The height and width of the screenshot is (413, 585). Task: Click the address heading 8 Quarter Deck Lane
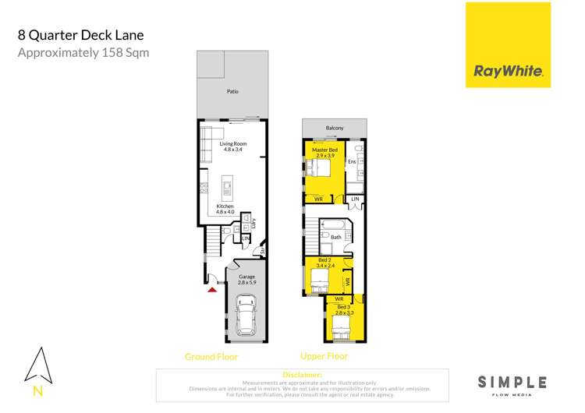(x=80, y=35)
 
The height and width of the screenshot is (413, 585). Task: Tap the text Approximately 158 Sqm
(x=83, y=53)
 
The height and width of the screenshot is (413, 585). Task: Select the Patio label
(x=232, y=92)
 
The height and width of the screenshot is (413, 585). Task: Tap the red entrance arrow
(x=211, y=290)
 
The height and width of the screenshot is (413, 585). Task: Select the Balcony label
(x=334, y=129)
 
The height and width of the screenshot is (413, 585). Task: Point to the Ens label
(x=352, y=161)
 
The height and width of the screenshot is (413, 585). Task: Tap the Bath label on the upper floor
(x=336, y=237)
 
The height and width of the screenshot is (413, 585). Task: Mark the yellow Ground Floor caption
(x=211, y=357)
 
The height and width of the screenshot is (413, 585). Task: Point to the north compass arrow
(x=38, y=364)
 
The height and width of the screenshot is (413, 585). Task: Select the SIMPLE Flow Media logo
(x=512, y=383)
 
